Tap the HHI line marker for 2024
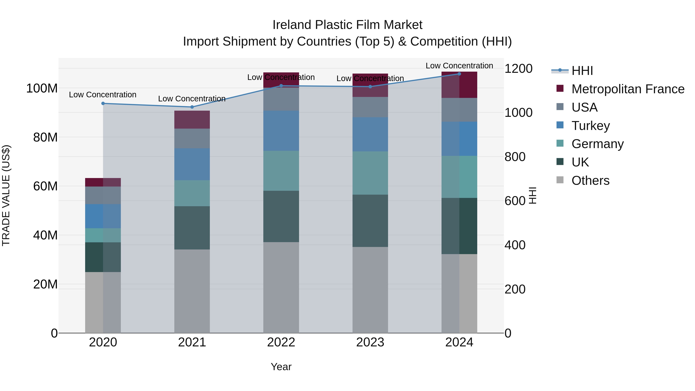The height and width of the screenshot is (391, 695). click(x=459, y=74)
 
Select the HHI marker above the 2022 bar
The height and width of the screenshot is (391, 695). click(x=281, y=86)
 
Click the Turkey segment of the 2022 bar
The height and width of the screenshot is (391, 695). click(x=281, y=131)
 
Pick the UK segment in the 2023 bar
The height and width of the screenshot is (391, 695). click(x=370, y=221)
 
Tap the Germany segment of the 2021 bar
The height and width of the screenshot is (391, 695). click(x=192, y=193)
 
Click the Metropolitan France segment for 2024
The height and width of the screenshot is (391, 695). click(x=459, y=85)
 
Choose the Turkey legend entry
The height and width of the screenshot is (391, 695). click(x=590, y=126)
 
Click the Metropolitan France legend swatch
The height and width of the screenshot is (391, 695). click(x=560, y=88)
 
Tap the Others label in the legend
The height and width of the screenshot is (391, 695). click(x=590, y=181)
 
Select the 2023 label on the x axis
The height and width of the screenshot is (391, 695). click(x=370, y=342)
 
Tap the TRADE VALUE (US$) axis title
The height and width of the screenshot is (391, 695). click(x=6, y=195)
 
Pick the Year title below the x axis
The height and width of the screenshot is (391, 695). click(x=281, y=367)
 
